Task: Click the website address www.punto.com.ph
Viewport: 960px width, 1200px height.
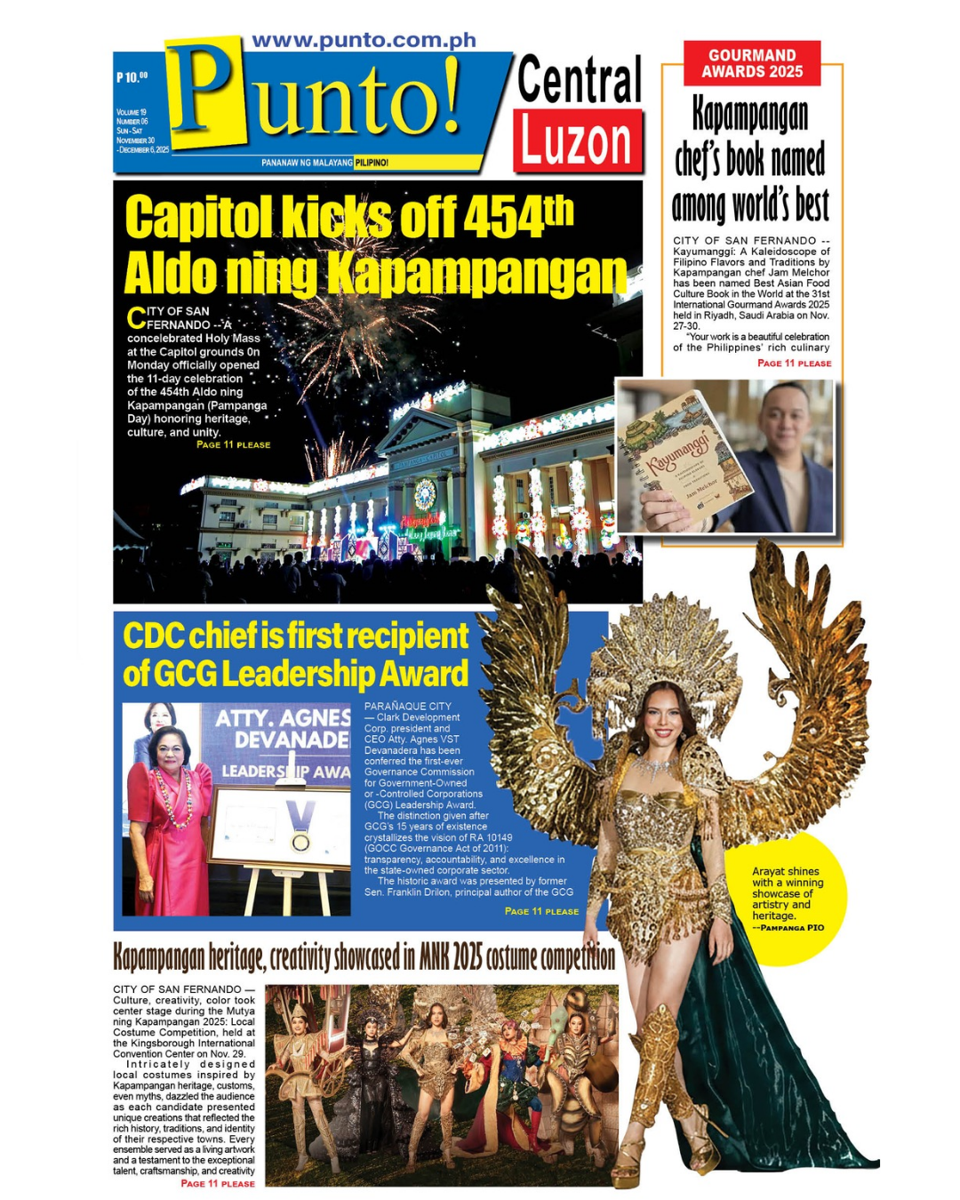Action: click(364, 41)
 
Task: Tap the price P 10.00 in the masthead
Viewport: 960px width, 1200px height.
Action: click(132, 77)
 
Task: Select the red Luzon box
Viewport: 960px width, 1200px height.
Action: click(577, 141)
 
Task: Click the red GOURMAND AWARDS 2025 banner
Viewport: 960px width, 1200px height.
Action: click(752, 64)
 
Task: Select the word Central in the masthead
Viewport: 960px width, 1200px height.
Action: click(579, 80)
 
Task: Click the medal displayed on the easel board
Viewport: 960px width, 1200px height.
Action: click(301, 840)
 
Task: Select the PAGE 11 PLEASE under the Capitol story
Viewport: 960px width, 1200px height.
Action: click(233, 445)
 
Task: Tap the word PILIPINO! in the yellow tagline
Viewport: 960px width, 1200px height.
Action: click(372, 163)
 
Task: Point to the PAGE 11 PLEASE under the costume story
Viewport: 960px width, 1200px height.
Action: click(217, 1184)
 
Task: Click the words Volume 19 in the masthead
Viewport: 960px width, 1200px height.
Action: click(131, 113)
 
